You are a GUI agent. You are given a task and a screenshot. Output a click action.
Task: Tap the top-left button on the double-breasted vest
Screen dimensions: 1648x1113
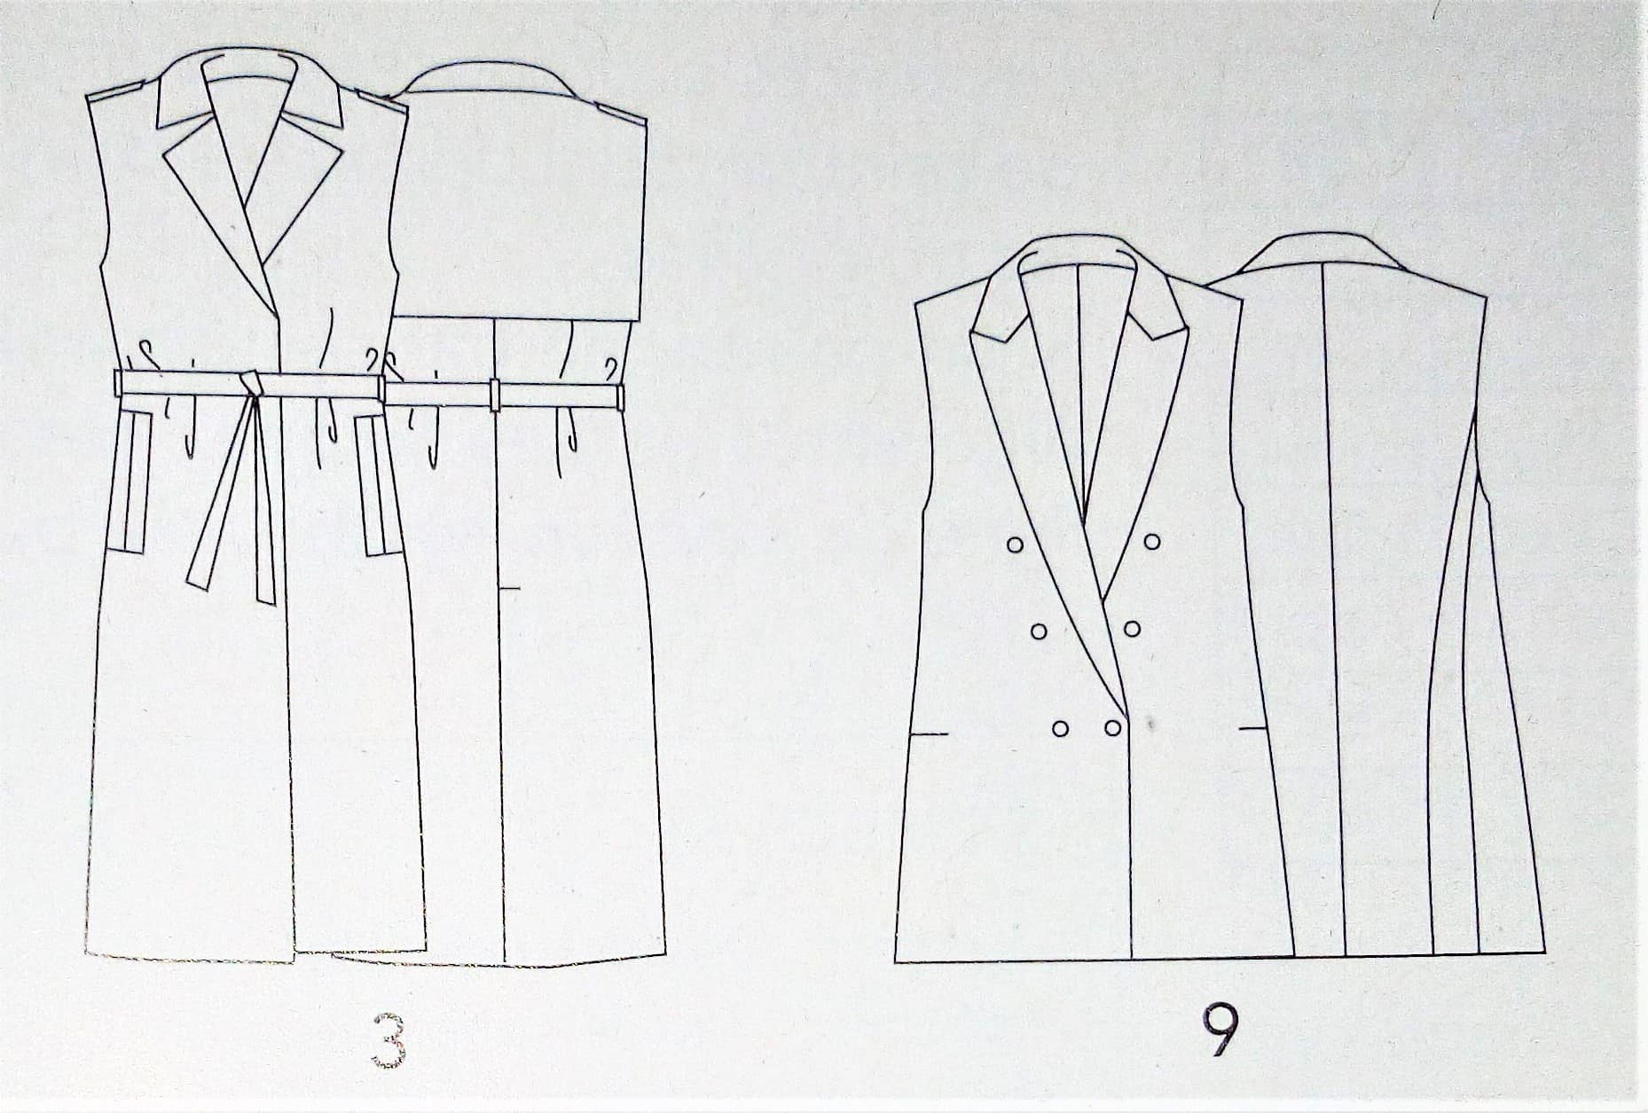[x=1015, y=545]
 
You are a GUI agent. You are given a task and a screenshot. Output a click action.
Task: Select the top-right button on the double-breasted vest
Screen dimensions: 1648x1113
[x=1152, y=542]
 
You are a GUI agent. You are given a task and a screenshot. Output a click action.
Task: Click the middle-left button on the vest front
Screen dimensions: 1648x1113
[x=1040, y=631]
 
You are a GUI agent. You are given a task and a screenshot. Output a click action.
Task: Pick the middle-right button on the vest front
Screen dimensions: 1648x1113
[x=1132, y=629]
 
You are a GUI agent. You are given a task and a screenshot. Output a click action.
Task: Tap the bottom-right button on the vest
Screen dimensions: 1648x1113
[x=1112, y=727]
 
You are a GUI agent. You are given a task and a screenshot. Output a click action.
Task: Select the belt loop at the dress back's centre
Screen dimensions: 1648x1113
[x=495, y=395]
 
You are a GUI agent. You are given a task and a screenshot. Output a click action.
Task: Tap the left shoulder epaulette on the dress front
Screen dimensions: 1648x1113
[x=116, y=90]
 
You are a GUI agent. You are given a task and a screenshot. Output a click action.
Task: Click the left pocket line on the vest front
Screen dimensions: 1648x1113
[x=930, y=734]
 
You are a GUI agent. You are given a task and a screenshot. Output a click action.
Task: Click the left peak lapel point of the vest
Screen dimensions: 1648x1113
[x=973, y=332]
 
